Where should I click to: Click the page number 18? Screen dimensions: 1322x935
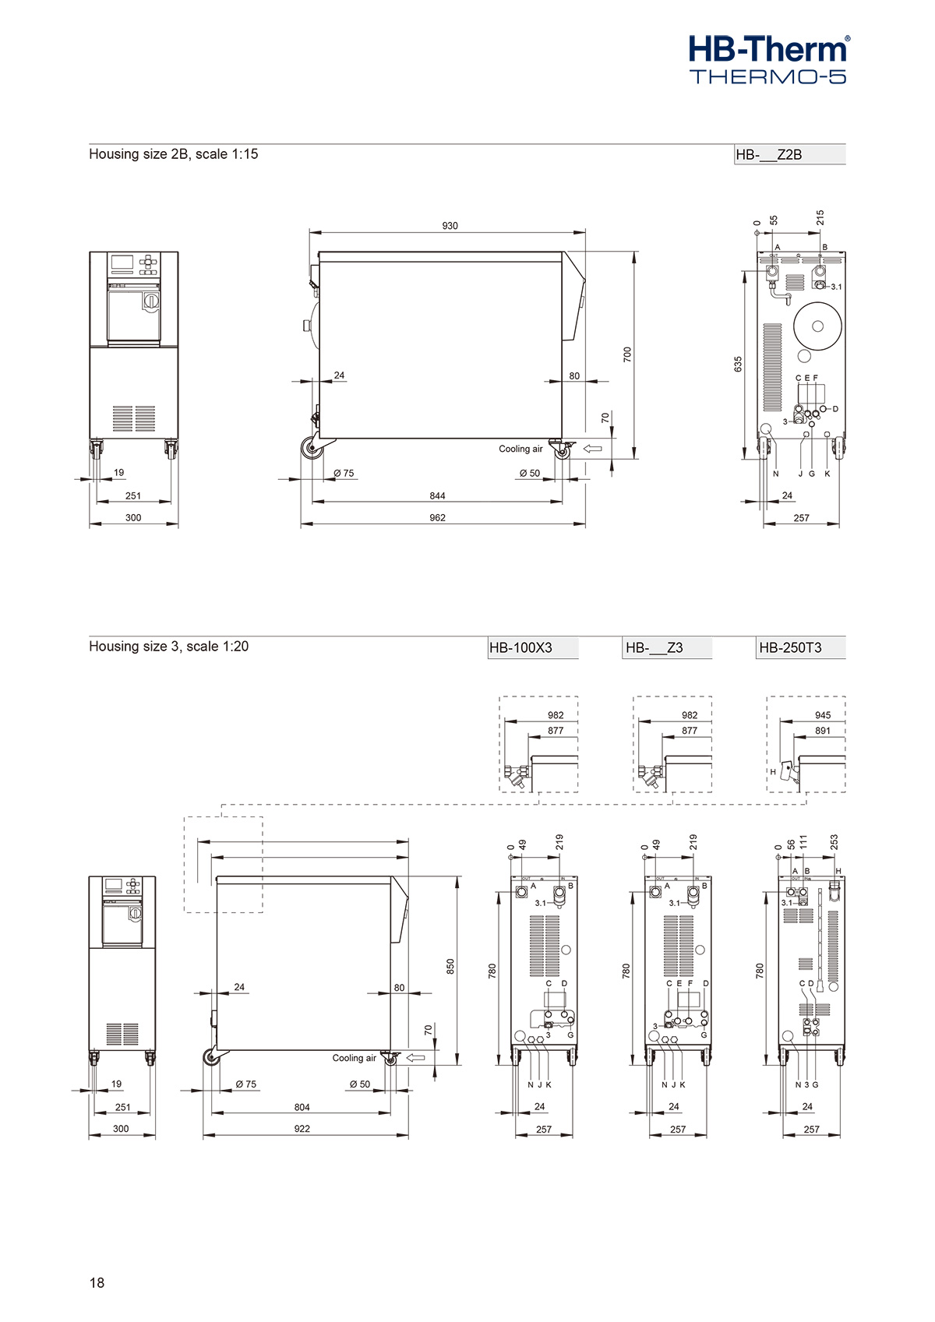[97, 1282]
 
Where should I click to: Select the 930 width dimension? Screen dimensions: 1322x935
[450, 226]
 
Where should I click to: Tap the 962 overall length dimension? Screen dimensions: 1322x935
[437, 518]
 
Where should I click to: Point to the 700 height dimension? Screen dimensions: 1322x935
[627, 354]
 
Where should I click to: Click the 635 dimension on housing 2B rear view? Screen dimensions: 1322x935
[738, 365]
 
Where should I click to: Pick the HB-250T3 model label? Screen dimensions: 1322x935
[790, 648]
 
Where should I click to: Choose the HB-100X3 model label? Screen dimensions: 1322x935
[520, 648]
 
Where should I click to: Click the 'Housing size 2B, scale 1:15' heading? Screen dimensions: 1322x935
[173, 154]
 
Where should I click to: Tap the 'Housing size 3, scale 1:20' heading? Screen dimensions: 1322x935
[168, 647]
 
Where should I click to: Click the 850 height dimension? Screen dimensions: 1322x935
[450, 967]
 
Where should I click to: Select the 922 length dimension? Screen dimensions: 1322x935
[302, 1129]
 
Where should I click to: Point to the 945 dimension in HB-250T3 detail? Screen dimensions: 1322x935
[823, 715]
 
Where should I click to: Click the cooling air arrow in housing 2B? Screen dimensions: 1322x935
[592, 449]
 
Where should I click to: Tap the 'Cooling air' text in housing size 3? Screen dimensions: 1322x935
[354, 1058]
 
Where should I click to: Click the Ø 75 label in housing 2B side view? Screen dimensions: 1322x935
[344, 473]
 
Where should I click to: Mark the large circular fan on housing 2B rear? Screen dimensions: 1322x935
[817, 326]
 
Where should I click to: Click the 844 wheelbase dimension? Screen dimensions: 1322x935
[437, 496]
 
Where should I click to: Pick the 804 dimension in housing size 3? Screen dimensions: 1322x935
[302, 1107]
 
